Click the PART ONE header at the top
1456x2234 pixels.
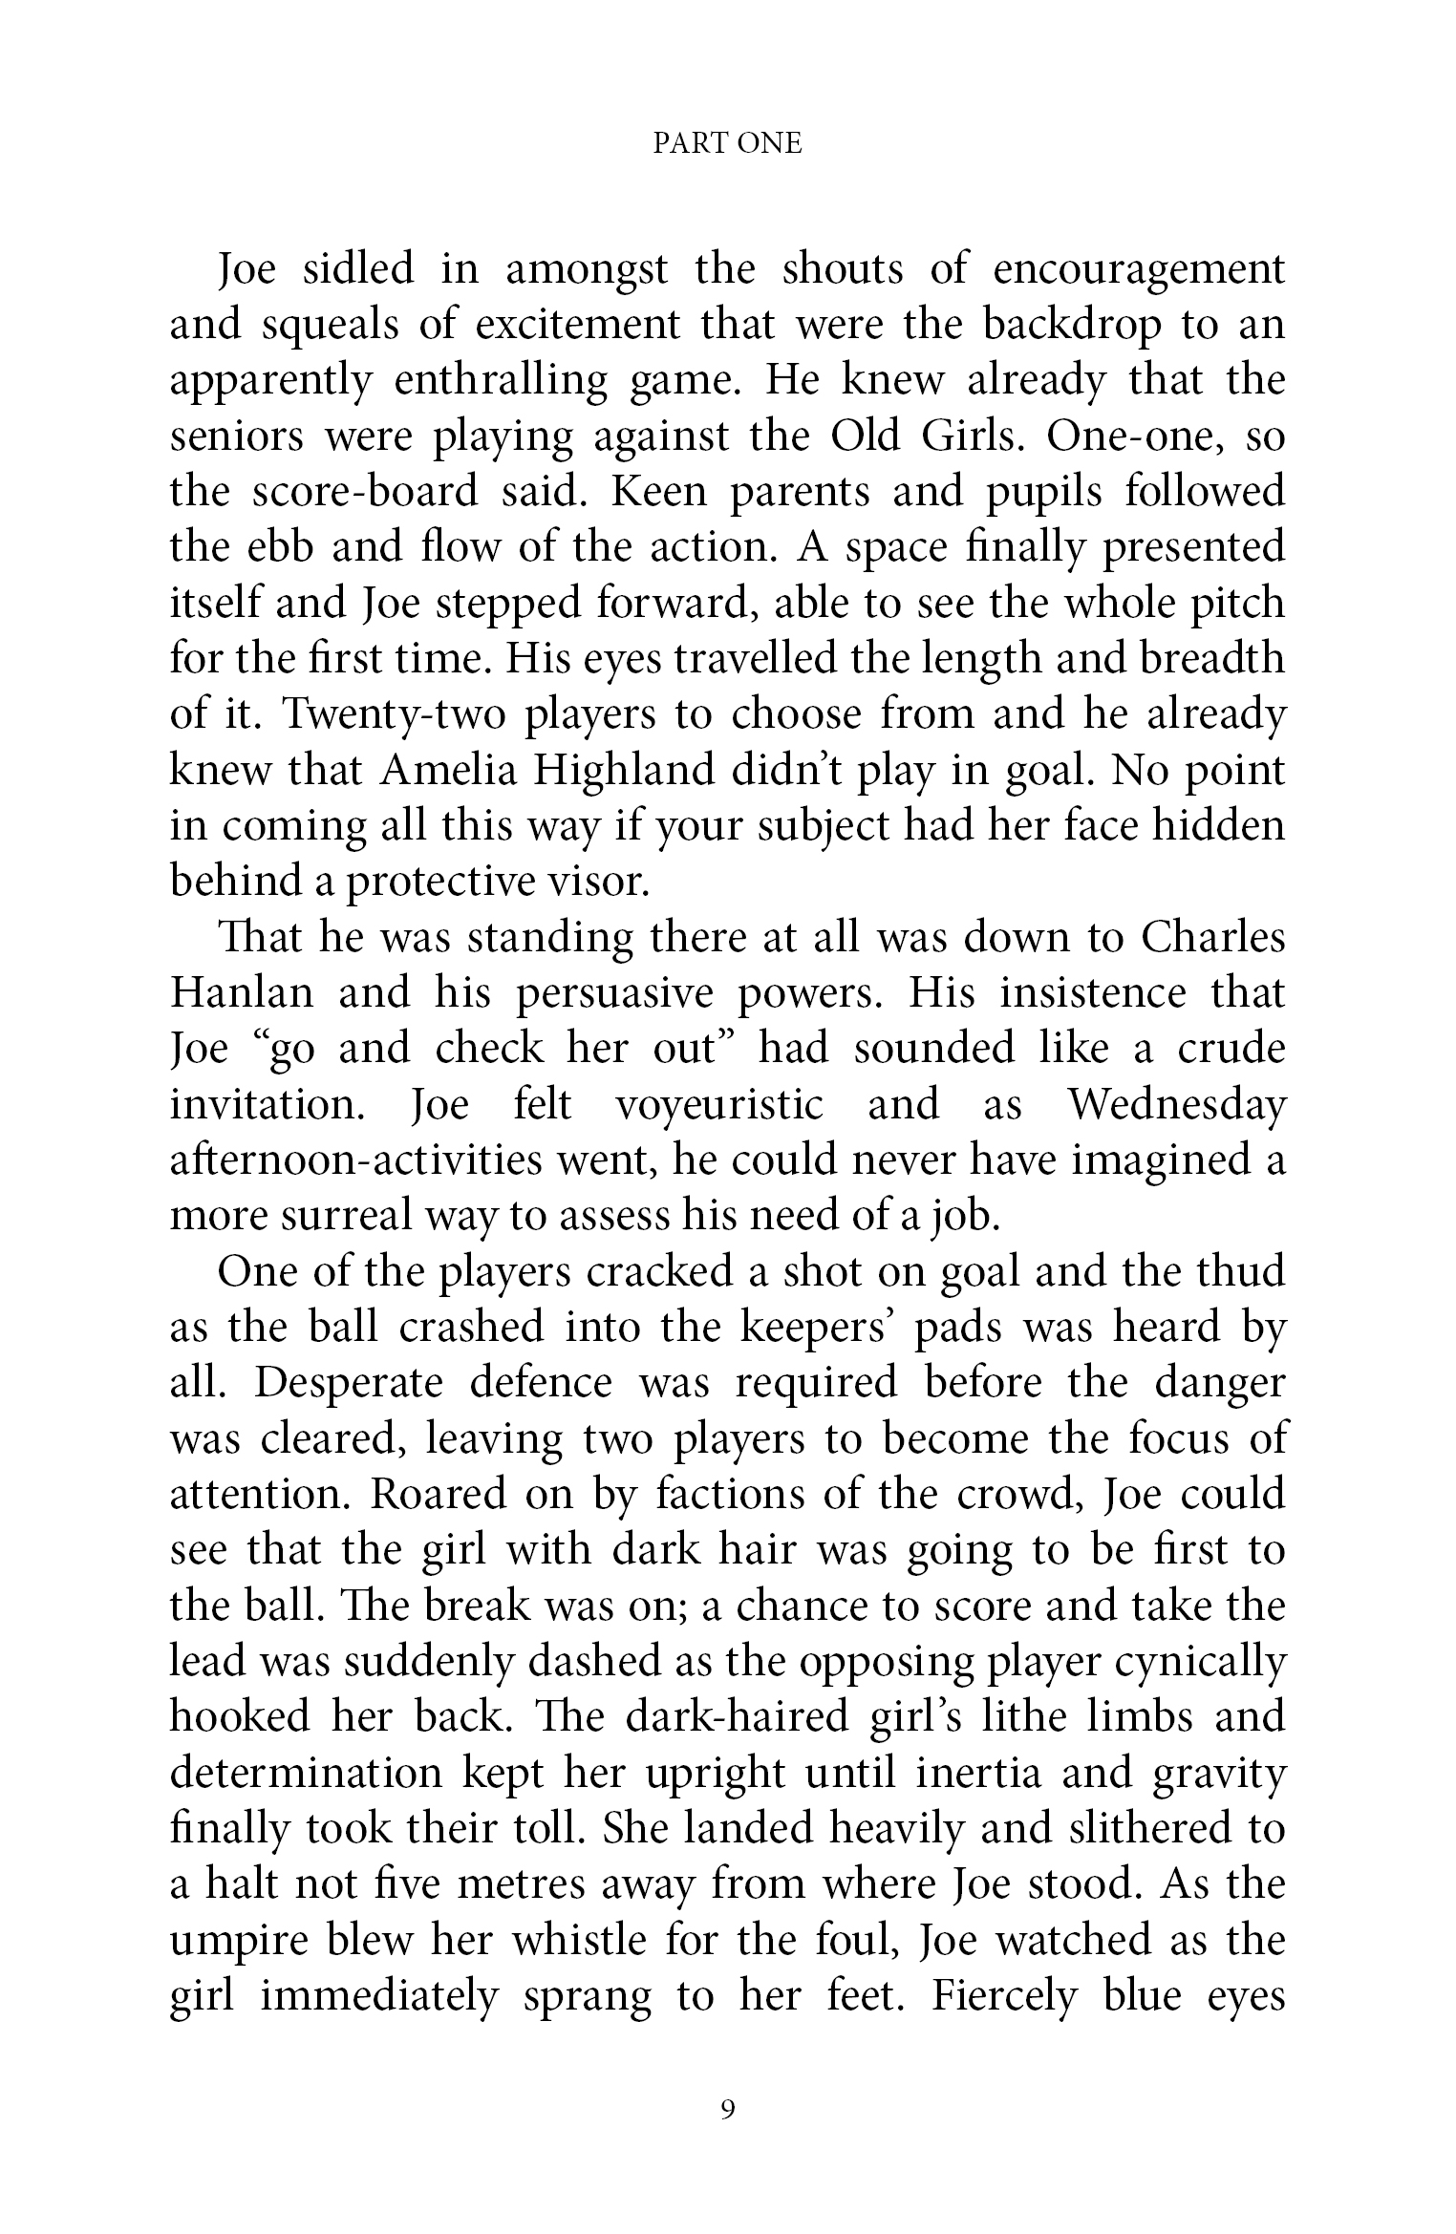coord(727,143)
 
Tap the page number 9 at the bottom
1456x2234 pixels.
coord(728,2110)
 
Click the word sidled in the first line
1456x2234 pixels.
coord(358,269)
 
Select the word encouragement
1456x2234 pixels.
coord(1139,271)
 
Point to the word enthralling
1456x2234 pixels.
coord(500,382)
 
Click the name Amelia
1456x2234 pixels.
coord(445,770)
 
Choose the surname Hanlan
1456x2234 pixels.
coord(242,993)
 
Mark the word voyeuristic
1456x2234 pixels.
coord(718,1105)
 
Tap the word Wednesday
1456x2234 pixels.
coord(1176,1105)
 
